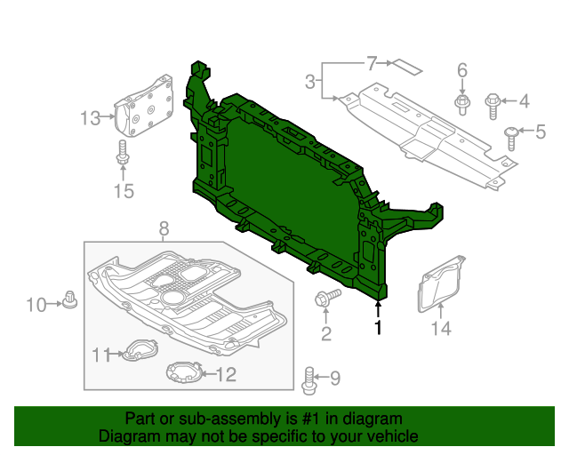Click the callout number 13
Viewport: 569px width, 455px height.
click(91, 117)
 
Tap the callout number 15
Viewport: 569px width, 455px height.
click(123, 190)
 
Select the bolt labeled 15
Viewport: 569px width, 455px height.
click(123, 156)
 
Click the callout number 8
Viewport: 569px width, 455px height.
click(163, 230)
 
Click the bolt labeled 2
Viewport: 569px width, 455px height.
click(325, 299)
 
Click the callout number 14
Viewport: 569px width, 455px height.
click(441, 329)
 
